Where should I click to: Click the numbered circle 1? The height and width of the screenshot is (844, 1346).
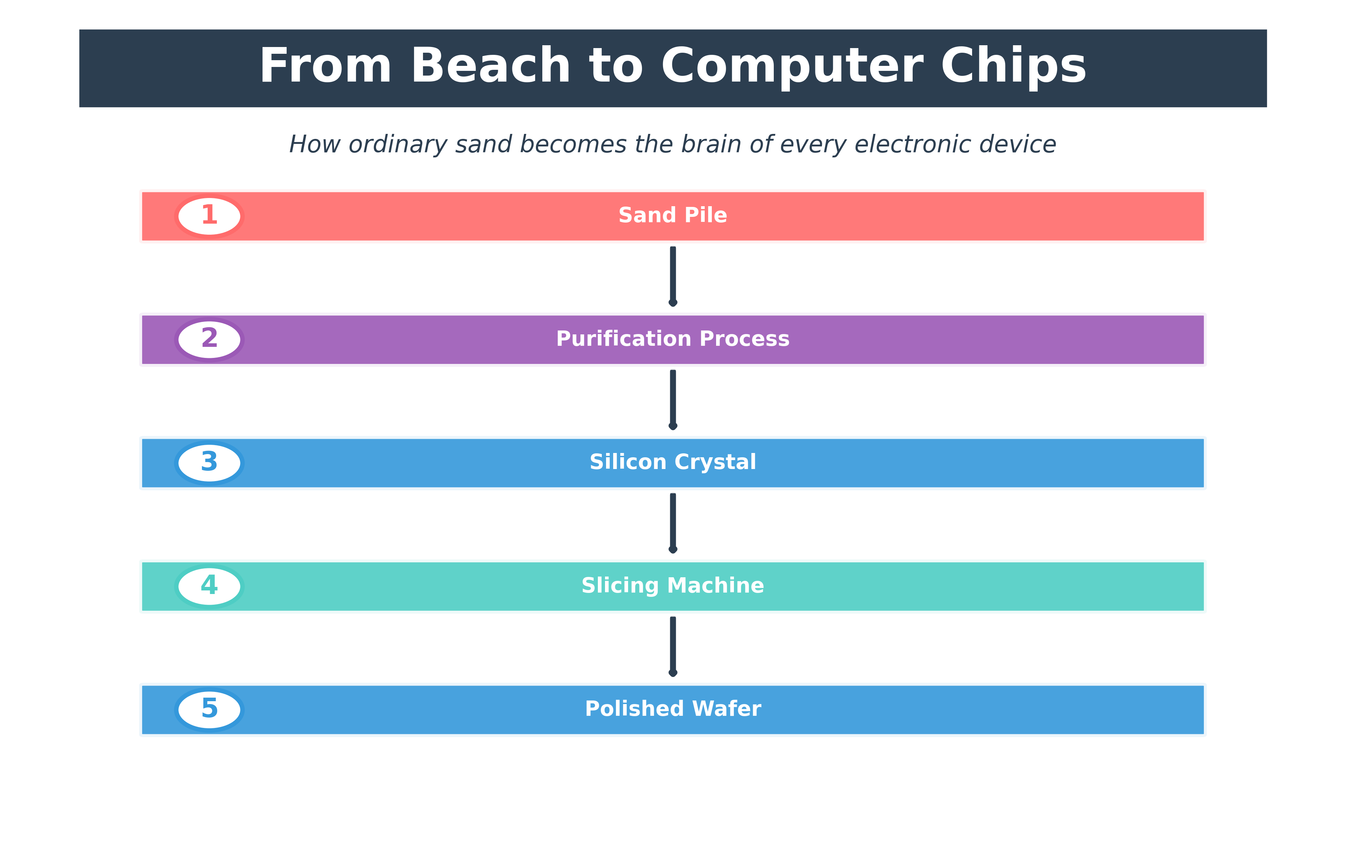[209, 216]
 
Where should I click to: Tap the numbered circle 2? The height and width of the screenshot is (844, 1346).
[209, 339]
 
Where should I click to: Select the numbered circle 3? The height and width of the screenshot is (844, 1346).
[209, 463]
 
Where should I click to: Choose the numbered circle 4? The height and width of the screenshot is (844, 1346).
[209, 586]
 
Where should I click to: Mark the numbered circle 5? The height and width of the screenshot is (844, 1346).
[209, 709]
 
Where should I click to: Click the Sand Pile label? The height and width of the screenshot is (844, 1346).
[672, 215]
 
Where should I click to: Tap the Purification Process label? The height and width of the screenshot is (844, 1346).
[672, 339]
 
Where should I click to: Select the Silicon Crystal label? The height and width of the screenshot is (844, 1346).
[672, 462]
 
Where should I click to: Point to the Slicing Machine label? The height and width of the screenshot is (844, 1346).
[672, 585]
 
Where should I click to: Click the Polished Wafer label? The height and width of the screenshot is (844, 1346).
[672, 709]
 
